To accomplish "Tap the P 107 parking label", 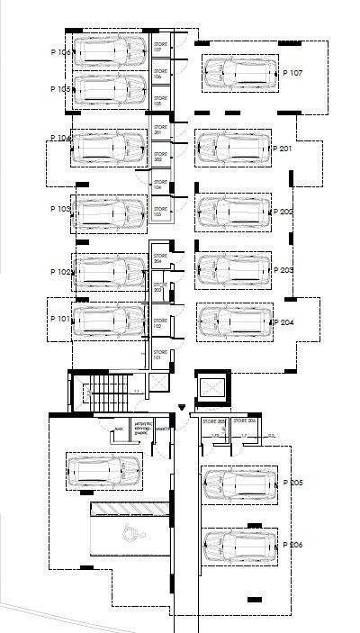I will coord(293,73).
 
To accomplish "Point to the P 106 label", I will coord(60,52).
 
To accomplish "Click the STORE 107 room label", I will coord(161,48).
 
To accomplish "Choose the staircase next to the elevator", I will coord(109,391).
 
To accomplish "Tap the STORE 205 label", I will coord(213,421).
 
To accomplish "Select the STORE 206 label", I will coord(245,421).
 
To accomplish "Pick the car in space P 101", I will coord(109,321).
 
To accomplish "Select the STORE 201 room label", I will coord(161,131).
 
